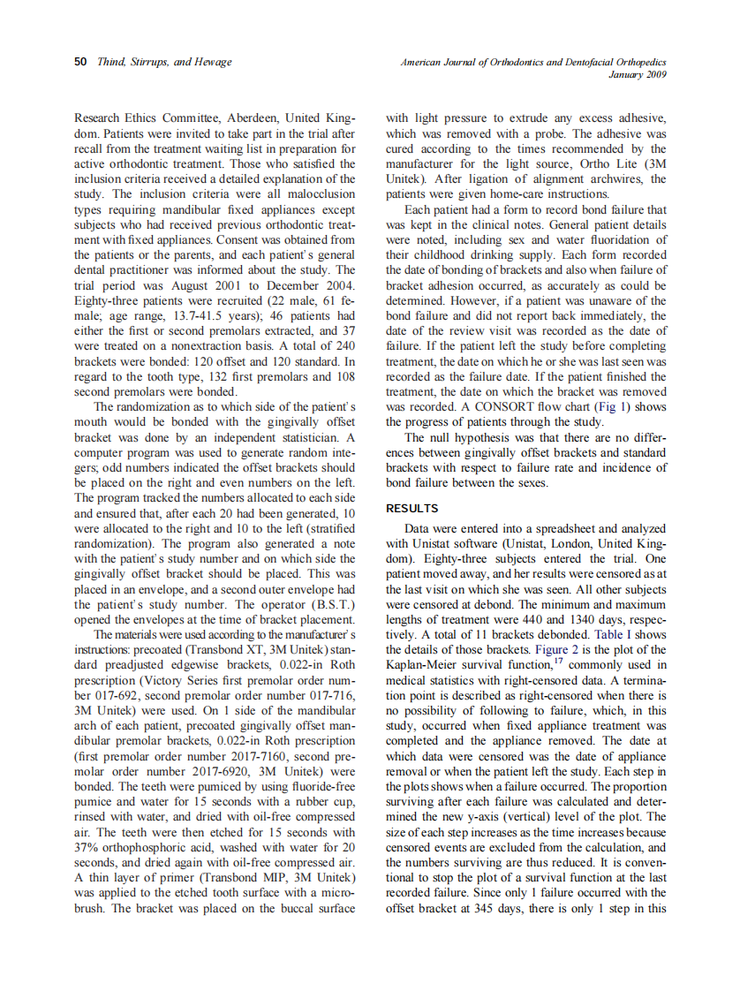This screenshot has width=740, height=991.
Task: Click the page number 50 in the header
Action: coord(79,62)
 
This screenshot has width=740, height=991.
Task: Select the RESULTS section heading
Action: coord(413,508)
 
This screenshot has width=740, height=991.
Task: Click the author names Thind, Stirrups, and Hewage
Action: coord(164,62)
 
